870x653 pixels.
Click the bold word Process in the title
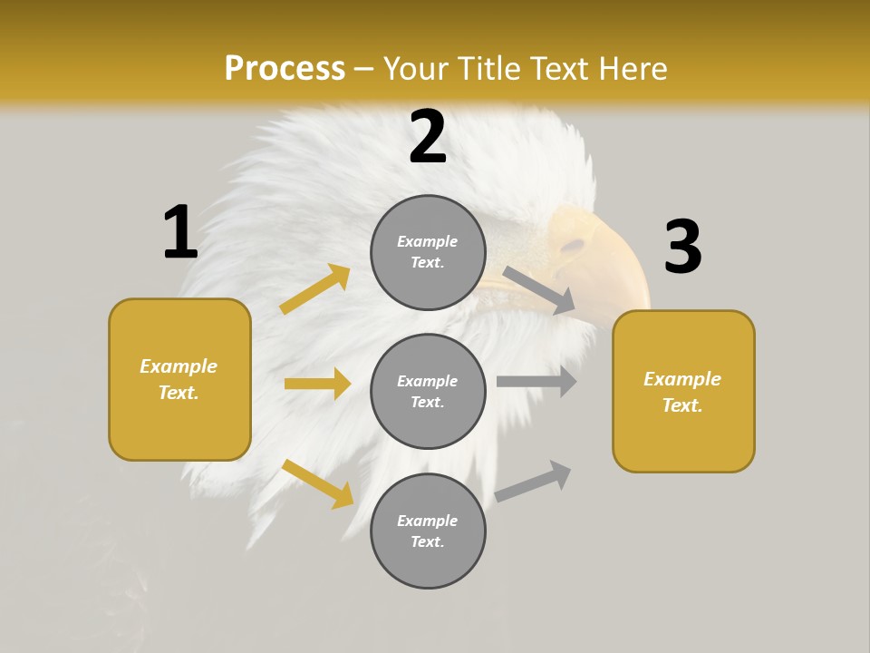285,69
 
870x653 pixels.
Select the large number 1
180,232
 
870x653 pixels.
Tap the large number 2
428,138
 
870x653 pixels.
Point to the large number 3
683,248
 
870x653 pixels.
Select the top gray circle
428,251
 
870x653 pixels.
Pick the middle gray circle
428,391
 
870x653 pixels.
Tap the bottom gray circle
428,531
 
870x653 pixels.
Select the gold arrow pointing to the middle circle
317,384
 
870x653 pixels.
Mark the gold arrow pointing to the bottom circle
317,482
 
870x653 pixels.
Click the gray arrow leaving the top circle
539,290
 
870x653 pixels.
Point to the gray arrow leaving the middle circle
536,381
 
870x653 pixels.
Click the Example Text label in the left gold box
179,379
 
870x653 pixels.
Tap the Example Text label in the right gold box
682,392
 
